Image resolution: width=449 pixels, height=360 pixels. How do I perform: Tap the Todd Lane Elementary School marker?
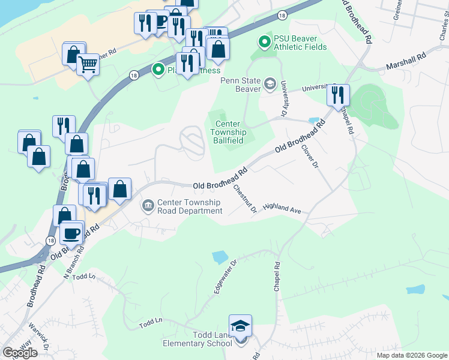(x=241, y=327)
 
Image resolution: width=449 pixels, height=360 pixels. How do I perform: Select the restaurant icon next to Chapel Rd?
(x=338, y=95)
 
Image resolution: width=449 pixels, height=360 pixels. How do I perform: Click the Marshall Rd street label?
(x=406, y=59)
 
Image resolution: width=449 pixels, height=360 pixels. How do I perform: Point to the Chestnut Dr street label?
(x=245, y=198)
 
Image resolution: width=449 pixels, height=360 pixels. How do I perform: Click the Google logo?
(x=20, y=353)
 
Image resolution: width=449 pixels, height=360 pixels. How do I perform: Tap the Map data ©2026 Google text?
(x=411, y=355)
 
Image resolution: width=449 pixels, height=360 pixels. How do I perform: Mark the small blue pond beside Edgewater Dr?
(x=220, y=257)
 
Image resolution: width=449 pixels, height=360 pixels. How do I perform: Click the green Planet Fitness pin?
(x=158, y=70)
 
